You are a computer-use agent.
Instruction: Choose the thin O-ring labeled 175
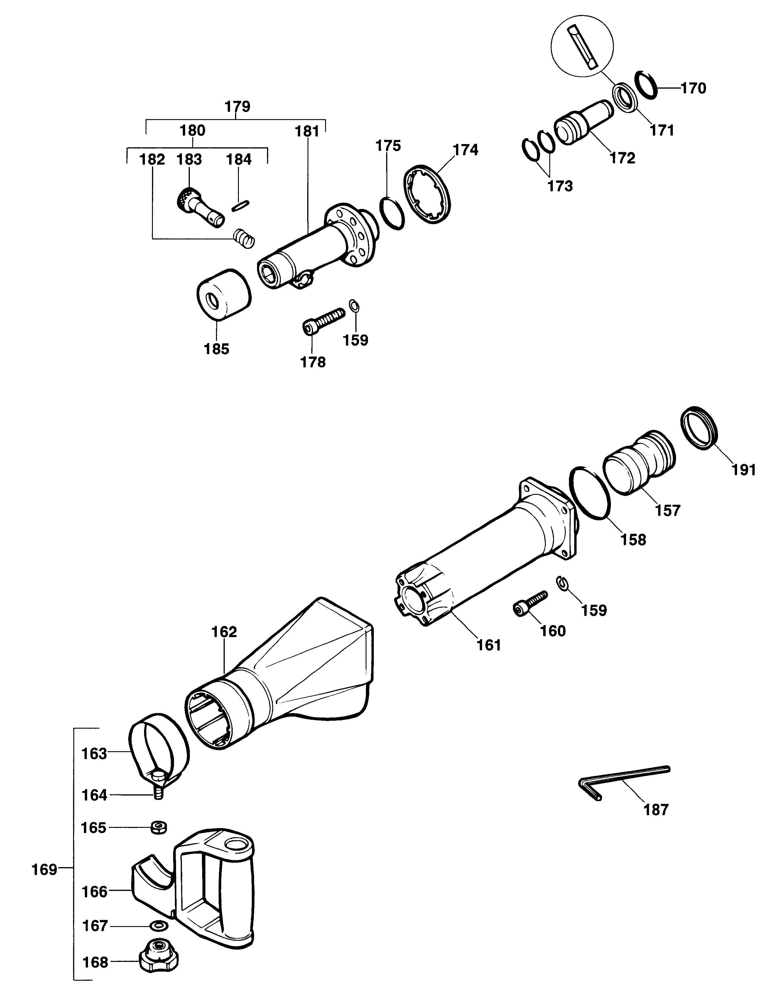(x=392, y=213)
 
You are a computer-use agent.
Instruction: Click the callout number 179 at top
(x=238, y=107)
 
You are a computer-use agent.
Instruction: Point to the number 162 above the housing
(x=224, y=632)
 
